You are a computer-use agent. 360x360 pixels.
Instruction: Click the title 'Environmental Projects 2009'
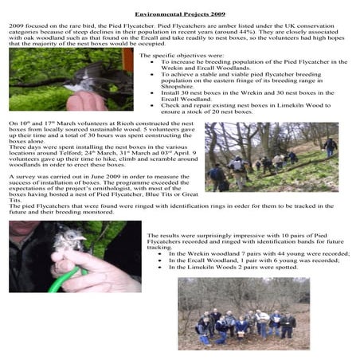(180, 14)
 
